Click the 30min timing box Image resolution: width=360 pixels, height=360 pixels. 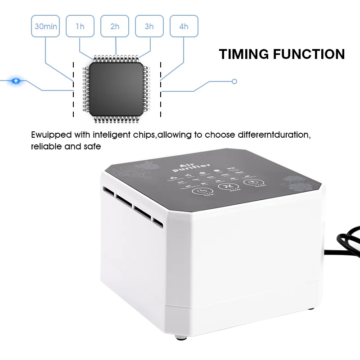pyautogui.click(x=46, y=27)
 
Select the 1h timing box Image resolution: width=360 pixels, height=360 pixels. pyautogui.click(x=80, y=27)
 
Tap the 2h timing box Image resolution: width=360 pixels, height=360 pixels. pyautogui.click(x=115, y=27)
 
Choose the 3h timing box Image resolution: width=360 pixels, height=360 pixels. pyautogui.click(x=149, y=27)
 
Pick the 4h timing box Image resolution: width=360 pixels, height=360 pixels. pyautogui.click(x=184, y=27)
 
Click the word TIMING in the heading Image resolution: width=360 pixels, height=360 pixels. pyautogui.click(x=243, y=54)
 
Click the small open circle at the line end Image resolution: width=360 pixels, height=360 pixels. pyautogui.click(x=234, y=81)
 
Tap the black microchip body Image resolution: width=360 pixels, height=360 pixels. pyautogui.click(x=116, y=87)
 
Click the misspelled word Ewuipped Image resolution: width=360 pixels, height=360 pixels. pyautogui.click(x=49, y=135)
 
